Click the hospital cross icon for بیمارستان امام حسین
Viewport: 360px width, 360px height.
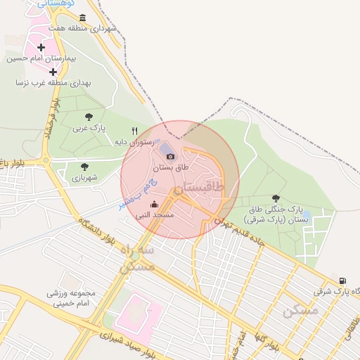click(x=41, y=48)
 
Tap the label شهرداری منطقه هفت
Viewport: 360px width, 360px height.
click(x=82, y=29)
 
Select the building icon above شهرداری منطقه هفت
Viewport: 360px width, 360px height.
click(x=83, y=18)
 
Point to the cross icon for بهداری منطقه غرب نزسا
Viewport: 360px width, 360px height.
click(x=53, y=71)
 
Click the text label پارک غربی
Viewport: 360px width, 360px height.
click(x=88, y=129)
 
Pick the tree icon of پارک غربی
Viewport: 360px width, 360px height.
click(x=88, y=117)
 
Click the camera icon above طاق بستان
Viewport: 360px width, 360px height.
click(x=170, y=156)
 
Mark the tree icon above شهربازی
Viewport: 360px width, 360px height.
click(x=84, y=167)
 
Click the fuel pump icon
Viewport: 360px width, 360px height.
click(x=342, y=279)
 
